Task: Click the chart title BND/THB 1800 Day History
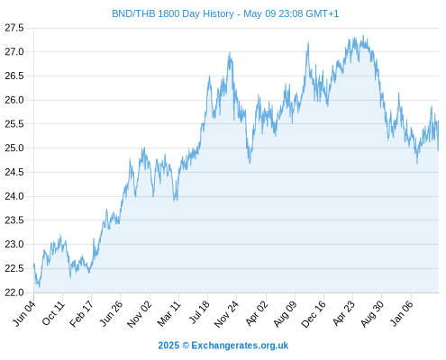coord(173,13)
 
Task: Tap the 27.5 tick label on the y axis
coord(14,28)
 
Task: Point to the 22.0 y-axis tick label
coord(14,292)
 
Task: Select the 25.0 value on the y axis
coord(14,148)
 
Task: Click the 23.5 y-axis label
coord(14,220)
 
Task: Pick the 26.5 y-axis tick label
coord(14,76)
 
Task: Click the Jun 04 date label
coord(24,313)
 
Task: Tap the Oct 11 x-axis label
coord(53,313)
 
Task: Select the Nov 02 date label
coord(140,314)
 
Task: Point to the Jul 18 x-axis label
coord(198,313)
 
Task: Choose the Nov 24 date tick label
coord(227,314)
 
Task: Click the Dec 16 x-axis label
coord(314,314)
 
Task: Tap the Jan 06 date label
coord(401,314)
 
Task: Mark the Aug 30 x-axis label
coord(372,314)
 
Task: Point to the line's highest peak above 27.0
coord(363,36)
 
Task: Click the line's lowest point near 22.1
coord(39,287)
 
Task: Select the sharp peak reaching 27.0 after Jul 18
coord(230,53)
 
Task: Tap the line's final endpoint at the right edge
coord(438,150)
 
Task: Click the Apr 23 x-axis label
coord(344,314)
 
